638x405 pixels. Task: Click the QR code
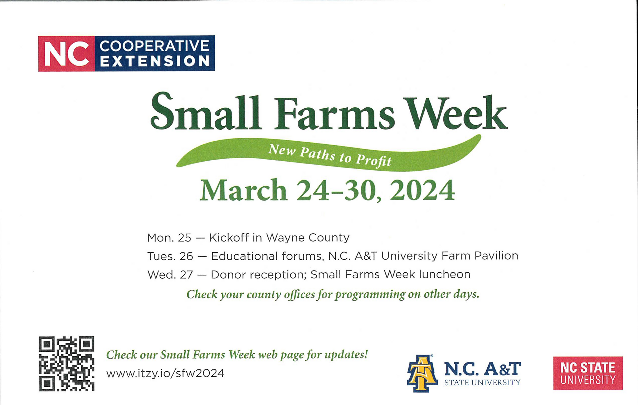[x=67, y=363]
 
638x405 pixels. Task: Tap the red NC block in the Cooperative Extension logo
[x=67, y=54]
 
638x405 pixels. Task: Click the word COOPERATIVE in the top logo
[x=154, y=46]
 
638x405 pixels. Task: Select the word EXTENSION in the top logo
[x=155, y=61]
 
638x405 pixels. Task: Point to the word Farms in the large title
[x=335, y=114]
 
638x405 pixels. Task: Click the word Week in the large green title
[x=456, y=113]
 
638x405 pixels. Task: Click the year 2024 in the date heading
[x=422, y=190]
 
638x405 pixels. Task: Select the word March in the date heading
[x=243, y=190]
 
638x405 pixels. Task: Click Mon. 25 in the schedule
[x=169, y=238]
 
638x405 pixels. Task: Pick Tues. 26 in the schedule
[x=170, y=256]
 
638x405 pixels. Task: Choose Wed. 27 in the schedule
[x=170, y=275]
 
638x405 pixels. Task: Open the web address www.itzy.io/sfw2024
[x=165, y=374]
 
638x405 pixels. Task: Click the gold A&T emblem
[x=422, y=374]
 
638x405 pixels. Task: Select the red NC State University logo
[x=588, y=373]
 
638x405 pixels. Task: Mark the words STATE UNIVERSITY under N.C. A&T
[x=482, y=383]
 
